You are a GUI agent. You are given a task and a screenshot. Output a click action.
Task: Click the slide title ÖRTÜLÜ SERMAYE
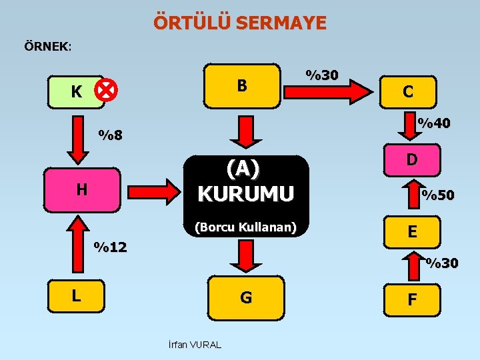tap(240, 23)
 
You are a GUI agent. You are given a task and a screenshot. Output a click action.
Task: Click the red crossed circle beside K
tap(105, 89)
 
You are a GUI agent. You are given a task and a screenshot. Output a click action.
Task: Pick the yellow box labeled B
tap(241, 85)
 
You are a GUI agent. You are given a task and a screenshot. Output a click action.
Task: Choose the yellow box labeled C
tap(407, 91)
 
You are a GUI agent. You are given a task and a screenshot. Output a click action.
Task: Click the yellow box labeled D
tap(412, 159)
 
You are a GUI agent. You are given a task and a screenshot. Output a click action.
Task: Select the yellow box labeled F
tap(412, 299)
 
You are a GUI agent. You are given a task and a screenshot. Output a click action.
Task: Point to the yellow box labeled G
tap(246, 297)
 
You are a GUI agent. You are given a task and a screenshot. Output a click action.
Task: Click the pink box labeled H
tap(81, 189)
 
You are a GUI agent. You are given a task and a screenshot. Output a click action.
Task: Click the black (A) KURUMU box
tap(246, 181)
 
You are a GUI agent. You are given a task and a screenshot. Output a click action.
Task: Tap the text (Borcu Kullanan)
tap(245, 227)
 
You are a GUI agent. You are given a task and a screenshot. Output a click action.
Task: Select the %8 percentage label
tap(110, 136)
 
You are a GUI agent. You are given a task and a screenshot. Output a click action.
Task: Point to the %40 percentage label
tap(433, 123)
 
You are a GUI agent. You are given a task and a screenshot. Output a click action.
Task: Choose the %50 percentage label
tap(437, 195)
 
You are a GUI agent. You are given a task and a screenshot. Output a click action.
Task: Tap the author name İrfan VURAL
tap(194, 345)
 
